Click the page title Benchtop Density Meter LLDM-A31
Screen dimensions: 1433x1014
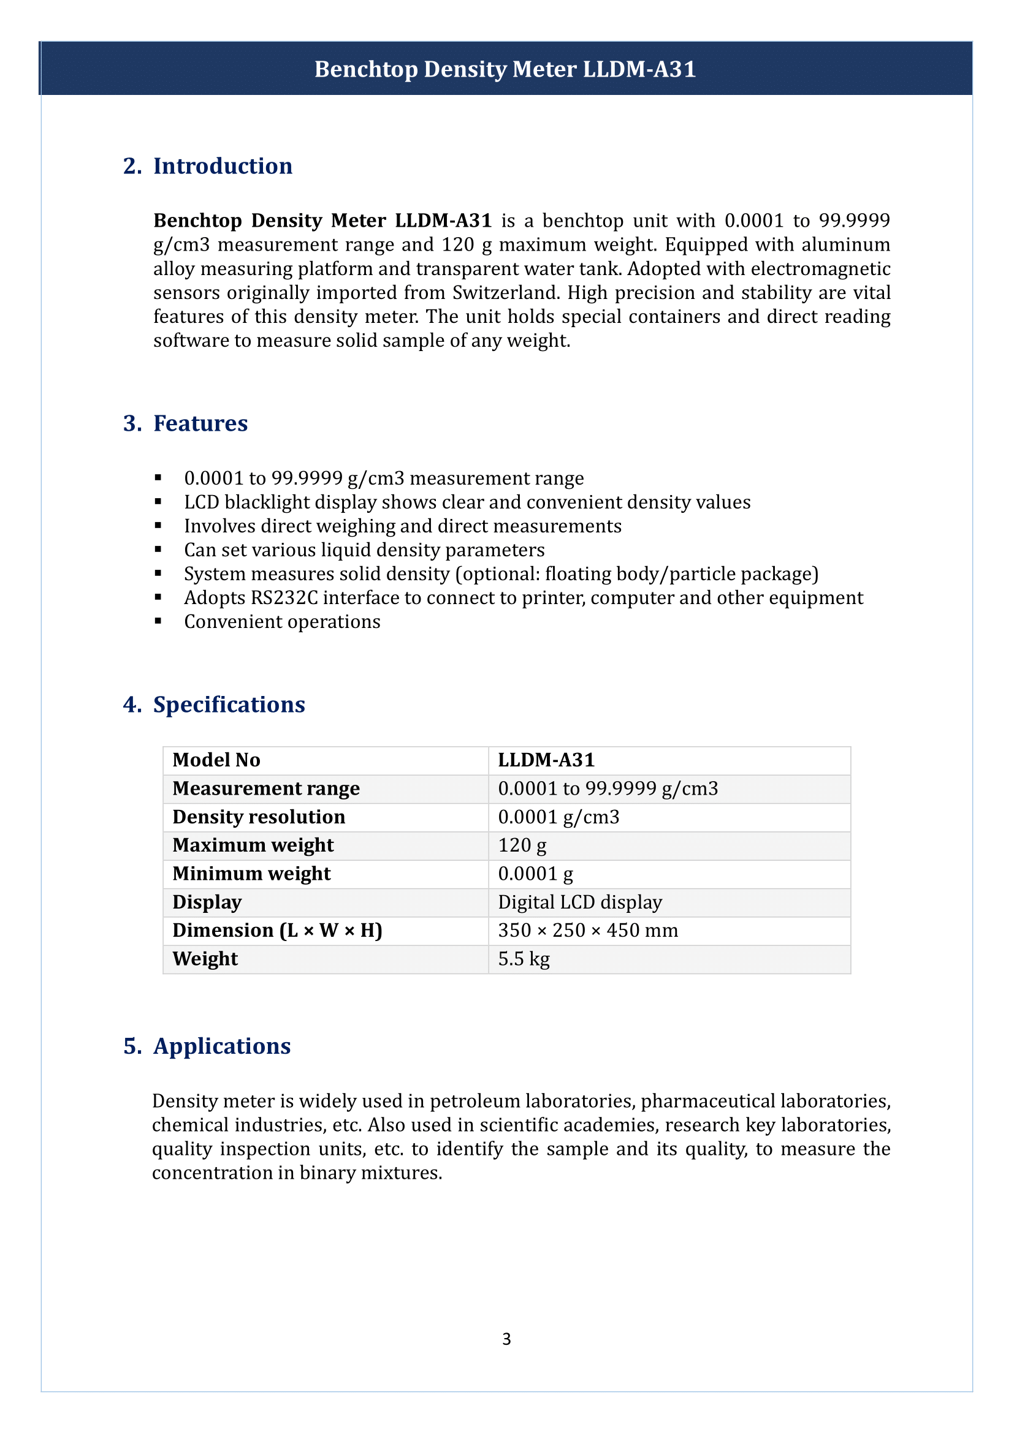click(x=505, y=69)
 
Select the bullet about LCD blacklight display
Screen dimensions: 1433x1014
click(x=467, y=502)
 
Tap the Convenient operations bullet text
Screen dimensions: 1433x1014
click(x=281, y=622)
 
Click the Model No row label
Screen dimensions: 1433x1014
click(x=216, y=760)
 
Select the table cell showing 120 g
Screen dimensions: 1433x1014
click(x=522, y=845)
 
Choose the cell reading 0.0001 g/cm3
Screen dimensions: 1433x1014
click(x=558, y=817)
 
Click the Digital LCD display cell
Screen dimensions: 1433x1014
click(x=579, y=902)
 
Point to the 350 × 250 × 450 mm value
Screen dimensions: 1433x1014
click(x=587, y=931)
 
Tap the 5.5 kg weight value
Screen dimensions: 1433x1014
click(x=523, y=959)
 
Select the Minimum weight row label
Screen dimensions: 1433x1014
click(x=251, y=874)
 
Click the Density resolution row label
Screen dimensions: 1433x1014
click(x=259, y=817)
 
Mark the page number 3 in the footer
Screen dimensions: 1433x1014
click(x=506, y=1339)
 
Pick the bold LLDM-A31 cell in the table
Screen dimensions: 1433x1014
click(x=546, y=760)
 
